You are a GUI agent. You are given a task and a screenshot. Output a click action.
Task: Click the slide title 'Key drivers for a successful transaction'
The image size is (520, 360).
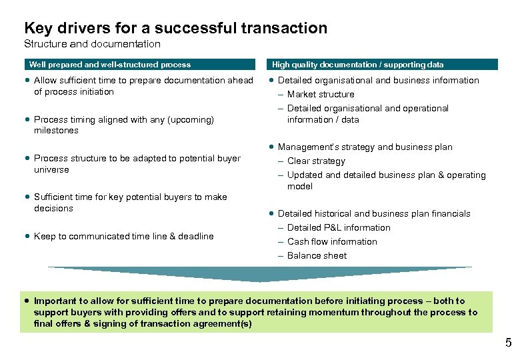[175, 28]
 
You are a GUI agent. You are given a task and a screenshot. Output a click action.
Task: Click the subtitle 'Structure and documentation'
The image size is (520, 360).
[92, 44]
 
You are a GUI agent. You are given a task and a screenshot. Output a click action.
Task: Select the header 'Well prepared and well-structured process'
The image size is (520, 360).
[110, 65]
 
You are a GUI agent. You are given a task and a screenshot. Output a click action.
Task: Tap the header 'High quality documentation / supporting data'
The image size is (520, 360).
[357, 65]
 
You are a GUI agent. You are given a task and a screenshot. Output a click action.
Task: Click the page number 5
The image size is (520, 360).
[508, 344]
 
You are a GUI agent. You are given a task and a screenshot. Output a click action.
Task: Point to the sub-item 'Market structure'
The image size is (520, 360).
[321, 95]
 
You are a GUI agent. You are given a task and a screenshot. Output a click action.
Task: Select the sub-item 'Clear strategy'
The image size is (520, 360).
[316, 161]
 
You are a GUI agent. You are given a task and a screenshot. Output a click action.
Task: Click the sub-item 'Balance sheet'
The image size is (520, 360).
[317, 256]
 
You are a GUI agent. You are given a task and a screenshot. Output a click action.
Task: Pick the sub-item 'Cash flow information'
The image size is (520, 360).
[332, 242]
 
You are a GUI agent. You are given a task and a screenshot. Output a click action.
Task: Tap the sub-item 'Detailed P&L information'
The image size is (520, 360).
[339, 228]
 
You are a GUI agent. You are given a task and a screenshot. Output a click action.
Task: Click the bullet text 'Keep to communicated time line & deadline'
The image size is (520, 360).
[124, 237]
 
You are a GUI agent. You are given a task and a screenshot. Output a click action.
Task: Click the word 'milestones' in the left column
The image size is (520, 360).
[56, 131]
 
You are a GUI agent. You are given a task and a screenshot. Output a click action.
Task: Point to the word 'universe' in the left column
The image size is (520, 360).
[51, 170]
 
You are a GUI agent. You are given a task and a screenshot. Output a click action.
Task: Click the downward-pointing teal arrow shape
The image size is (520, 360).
[260, 273]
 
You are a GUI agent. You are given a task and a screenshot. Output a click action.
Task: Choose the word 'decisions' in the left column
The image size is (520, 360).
[53, 209]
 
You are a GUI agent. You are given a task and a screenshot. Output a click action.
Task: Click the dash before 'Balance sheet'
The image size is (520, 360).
[281, 256]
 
